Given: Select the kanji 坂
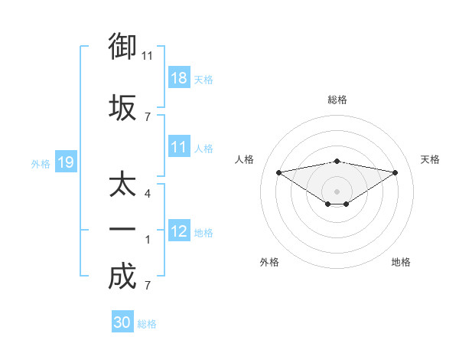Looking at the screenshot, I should point(122,107).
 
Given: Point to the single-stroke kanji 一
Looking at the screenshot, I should point(122,230).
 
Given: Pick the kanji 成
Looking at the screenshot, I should point(122,276).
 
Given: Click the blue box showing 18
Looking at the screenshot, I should point(179,79).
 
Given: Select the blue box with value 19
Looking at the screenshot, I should point(65,162).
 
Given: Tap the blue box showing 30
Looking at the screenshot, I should point(122,322).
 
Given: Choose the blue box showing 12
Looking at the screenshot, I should point(179,231).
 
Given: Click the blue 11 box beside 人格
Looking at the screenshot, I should point(179,148).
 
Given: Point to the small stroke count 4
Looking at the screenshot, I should point(148,193).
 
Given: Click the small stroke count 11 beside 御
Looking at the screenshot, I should point(148,55).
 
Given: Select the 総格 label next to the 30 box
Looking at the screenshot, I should point(147,324).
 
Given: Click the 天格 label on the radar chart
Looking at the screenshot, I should point(430,159).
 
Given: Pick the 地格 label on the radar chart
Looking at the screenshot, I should point(401,262).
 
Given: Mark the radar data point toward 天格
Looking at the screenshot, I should point(396,172).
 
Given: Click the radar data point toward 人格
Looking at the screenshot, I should point(278,172).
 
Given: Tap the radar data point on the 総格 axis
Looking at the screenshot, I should point(337,161).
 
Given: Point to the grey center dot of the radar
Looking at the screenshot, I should point(337,191).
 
